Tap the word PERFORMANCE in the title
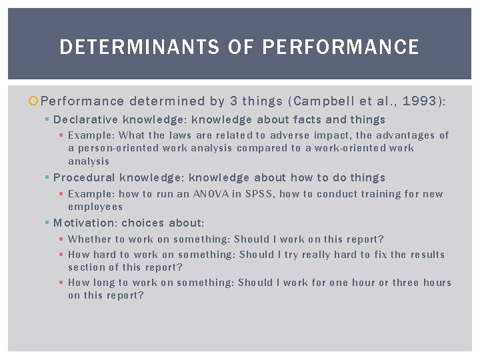pos(341,47)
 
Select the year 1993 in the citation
pos(419,101)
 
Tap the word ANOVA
pos(210,194)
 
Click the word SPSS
pos(257,194)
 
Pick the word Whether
pos(89,239)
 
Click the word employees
pos(95,207)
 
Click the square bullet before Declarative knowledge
pos(47,120)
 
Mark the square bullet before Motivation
pos(47,223)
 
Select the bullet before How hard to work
pos(61,255)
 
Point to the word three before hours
pos(406,283)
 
